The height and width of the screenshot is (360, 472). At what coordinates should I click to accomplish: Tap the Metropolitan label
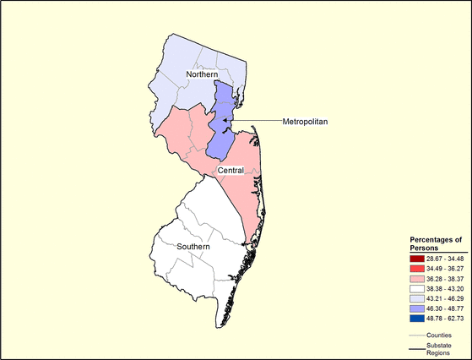click(306, 122)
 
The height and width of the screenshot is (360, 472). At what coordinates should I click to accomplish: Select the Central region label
click(231, 171)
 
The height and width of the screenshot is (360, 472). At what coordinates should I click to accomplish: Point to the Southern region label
click(200, 247)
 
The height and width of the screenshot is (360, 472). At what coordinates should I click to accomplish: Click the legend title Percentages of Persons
click(435, 244)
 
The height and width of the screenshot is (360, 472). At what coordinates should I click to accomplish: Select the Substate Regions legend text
click(441, 349)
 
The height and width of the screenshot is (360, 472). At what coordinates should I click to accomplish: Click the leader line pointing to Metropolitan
click(258, 122)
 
